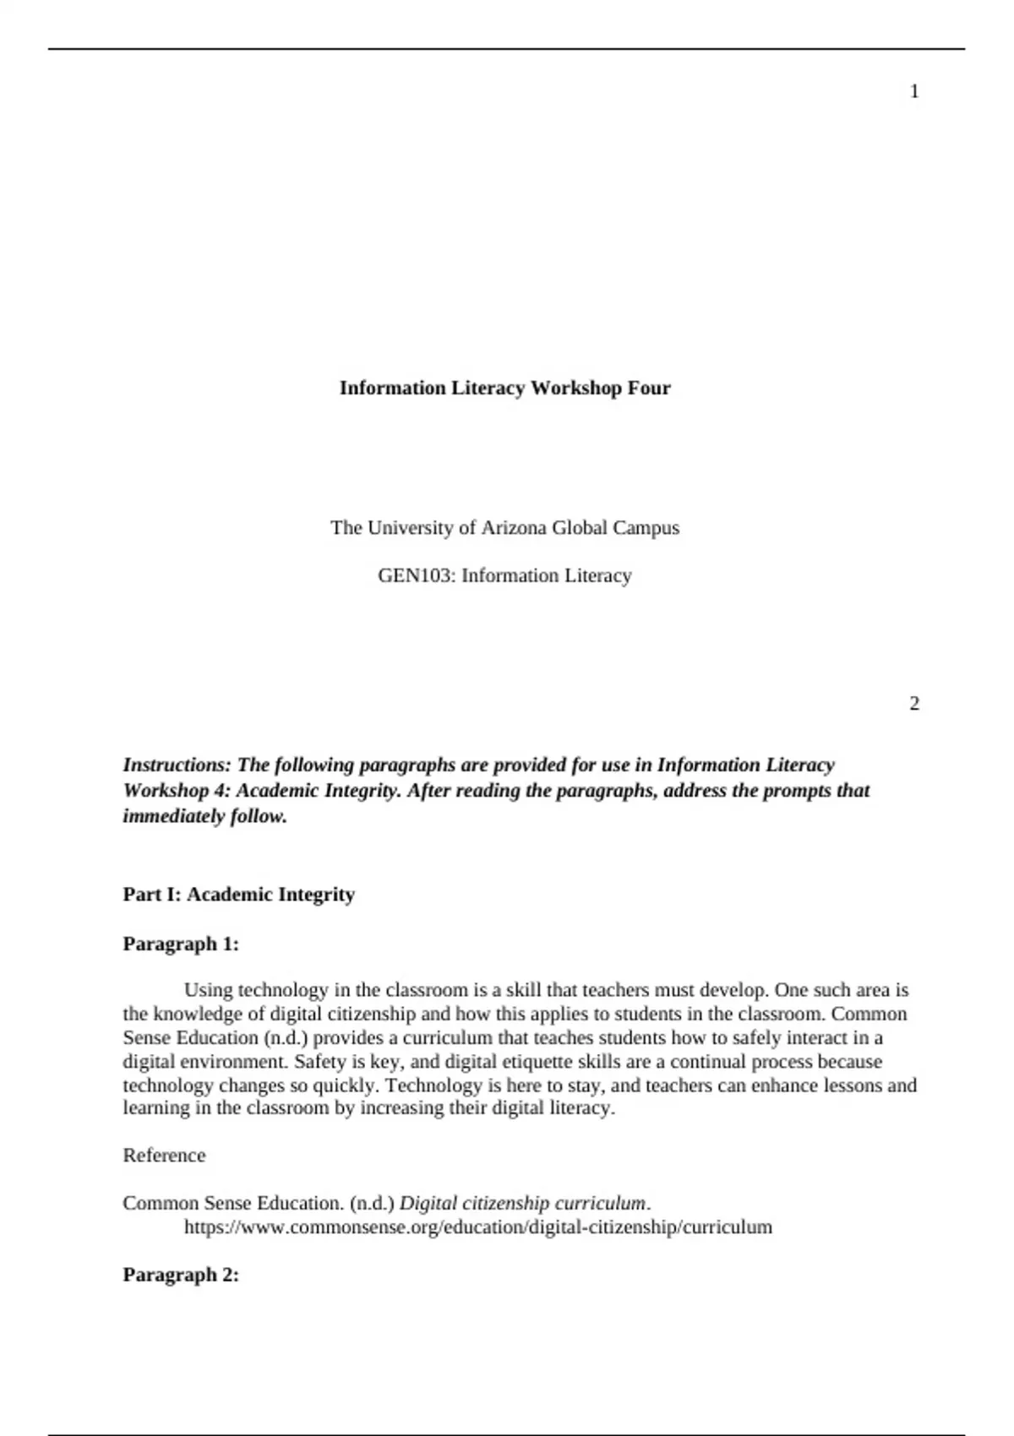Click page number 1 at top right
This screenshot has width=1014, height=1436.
point(914,92)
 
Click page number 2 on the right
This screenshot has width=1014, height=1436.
point(914,704)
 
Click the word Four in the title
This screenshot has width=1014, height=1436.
point(649,389)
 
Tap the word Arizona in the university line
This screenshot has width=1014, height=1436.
point(514,528)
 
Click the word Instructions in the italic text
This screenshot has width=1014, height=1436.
point(176,765)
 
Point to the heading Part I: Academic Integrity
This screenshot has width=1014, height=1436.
point(238,895)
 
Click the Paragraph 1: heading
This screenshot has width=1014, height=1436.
point(181,944)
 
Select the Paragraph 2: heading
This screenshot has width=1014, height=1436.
point(181,1275)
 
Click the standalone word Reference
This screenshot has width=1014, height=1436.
point(164,1156)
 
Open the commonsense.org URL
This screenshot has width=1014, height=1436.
point(477,1227)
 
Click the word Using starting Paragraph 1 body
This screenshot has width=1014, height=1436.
point(208,990)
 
